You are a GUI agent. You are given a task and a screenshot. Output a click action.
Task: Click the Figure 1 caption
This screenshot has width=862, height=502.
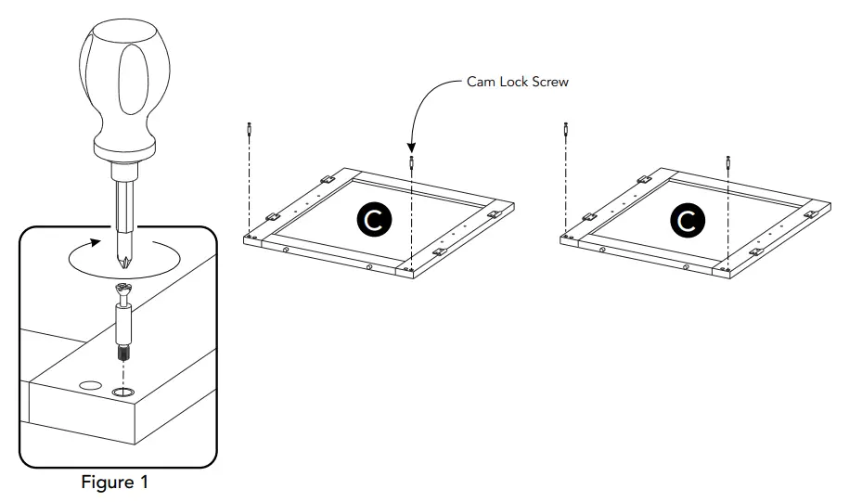(114, 483)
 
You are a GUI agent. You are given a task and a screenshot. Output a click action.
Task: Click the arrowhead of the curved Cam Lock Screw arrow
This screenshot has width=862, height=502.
(411, 146)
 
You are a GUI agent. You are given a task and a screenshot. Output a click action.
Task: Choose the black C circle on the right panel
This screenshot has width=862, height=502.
(687, 221)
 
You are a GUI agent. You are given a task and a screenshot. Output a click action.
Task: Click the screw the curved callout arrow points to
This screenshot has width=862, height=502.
(411, 163)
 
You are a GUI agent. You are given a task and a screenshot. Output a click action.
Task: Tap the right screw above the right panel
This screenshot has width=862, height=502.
(728, 161)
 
